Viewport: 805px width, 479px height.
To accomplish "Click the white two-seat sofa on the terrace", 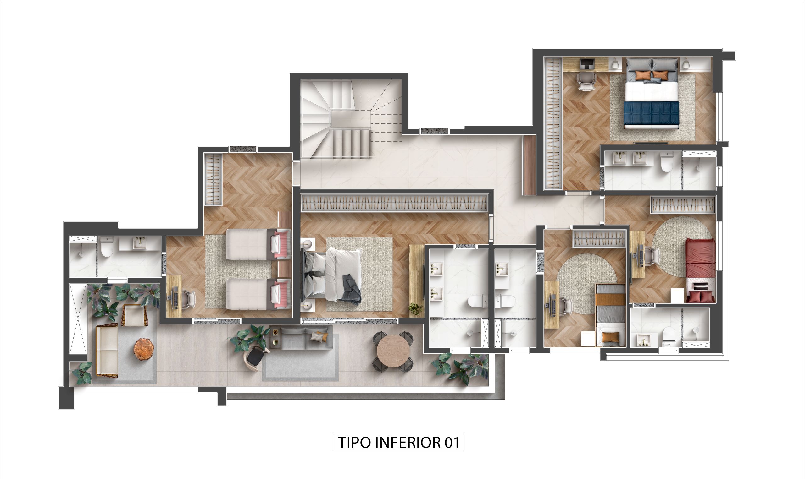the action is click(107, 350).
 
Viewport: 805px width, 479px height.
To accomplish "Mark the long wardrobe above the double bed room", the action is click(394, 203).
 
